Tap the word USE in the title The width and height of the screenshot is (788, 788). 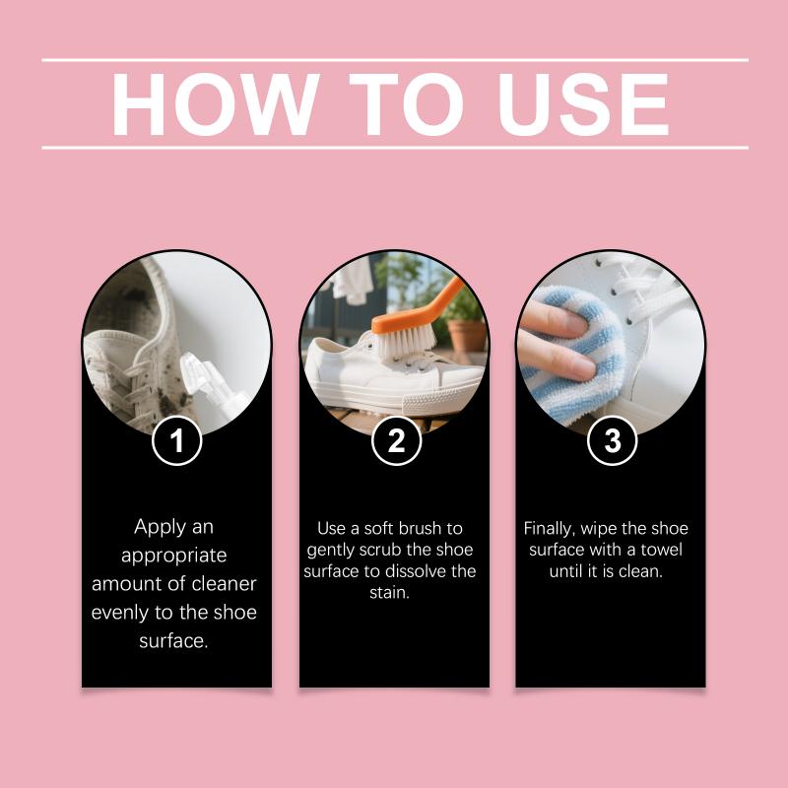pos(583,104)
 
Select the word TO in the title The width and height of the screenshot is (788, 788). pos(406,104)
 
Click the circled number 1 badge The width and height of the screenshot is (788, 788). pos(177,440)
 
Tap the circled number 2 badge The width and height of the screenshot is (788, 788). pos(397,440)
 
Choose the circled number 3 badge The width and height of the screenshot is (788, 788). pos(612,440)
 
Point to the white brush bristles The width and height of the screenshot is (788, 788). pos(406,340)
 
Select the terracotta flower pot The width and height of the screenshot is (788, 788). pos(467,335)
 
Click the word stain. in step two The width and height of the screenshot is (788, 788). pos(389,593)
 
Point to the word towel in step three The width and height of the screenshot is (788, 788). pos(661,550)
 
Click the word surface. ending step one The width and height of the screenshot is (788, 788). pos(174,641)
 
